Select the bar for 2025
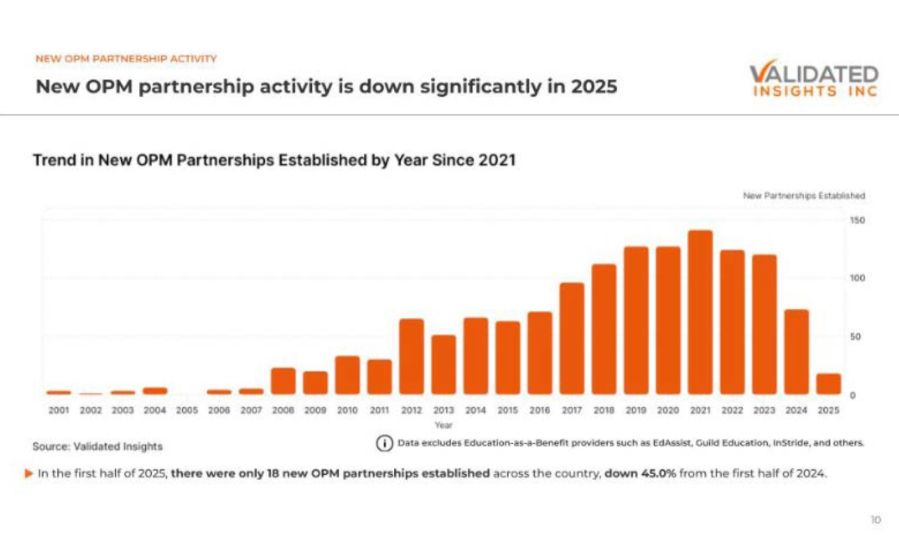click(x=828, y=384)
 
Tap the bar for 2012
click(x=411, y=356)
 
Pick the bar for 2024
click(x=796, y=352)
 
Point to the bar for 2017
click(x=572, y=339)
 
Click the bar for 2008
click(x=283, y=381)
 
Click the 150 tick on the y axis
click(x=857, y=220)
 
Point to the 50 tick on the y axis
click(x=855, y=337)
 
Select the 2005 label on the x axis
click(x=187, y=410)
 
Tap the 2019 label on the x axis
click(x=636, y=410)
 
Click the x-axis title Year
click(x=443, y=425)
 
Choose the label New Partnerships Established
click(x=804, y=196)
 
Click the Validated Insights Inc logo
click(x=813, y=80)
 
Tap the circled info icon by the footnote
click(x=384, y=443)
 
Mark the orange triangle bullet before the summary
click(x=29, y=473)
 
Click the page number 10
click(x=875, y=520)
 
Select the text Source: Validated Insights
click(x=97, y=447)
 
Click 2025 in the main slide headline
click(x=594, y=86)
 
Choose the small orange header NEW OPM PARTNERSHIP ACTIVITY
click(x=126, y=58)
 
